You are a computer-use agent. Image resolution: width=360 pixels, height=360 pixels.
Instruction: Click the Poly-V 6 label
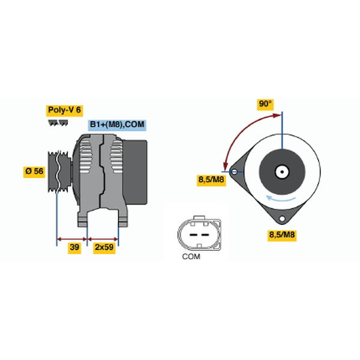click(64, 110)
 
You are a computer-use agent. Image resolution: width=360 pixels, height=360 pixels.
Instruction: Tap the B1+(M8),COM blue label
click(117, 125)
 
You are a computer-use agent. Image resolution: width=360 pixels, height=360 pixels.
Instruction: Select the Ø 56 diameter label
click(34, 172)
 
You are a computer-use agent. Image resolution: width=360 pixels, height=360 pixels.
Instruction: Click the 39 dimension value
click(74, 247)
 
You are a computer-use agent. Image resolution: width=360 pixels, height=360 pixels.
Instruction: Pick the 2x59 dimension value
click(104, 247)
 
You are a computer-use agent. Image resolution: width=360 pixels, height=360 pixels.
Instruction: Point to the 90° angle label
click(265, 104)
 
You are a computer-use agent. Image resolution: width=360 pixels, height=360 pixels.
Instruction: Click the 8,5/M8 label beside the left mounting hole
click(211, 180)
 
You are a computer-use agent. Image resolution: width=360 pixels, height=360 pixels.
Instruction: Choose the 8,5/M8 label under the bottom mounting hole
click(282, 235)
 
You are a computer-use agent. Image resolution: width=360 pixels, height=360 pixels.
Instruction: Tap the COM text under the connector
click(191, 256)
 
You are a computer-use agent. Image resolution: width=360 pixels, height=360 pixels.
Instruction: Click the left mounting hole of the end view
click(235, 172)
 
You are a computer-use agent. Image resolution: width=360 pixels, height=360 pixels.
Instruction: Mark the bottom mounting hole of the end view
click(282, 218)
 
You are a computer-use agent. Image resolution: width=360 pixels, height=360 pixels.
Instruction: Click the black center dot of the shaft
click(282, 172)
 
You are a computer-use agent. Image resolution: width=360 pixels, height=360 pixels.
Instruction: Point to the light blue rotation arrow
click(280, 199)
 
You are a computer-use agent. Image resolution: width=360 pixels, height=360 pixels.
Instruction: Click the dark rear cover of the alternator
click(136, 172)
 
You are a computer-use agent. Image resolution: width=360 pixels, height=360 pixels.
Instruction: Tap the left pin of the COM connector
click(193, 235)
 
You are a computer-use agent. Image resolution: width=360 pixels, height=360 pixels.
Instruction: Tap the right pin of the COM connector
click(205, 235)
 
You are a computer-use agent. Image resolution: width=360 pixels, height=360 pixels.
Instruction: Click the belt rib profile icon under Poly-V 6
click(58, 123)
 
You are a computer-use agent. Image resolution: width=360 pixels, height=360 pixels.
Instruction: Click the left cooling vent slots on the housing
click(85, 157)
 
